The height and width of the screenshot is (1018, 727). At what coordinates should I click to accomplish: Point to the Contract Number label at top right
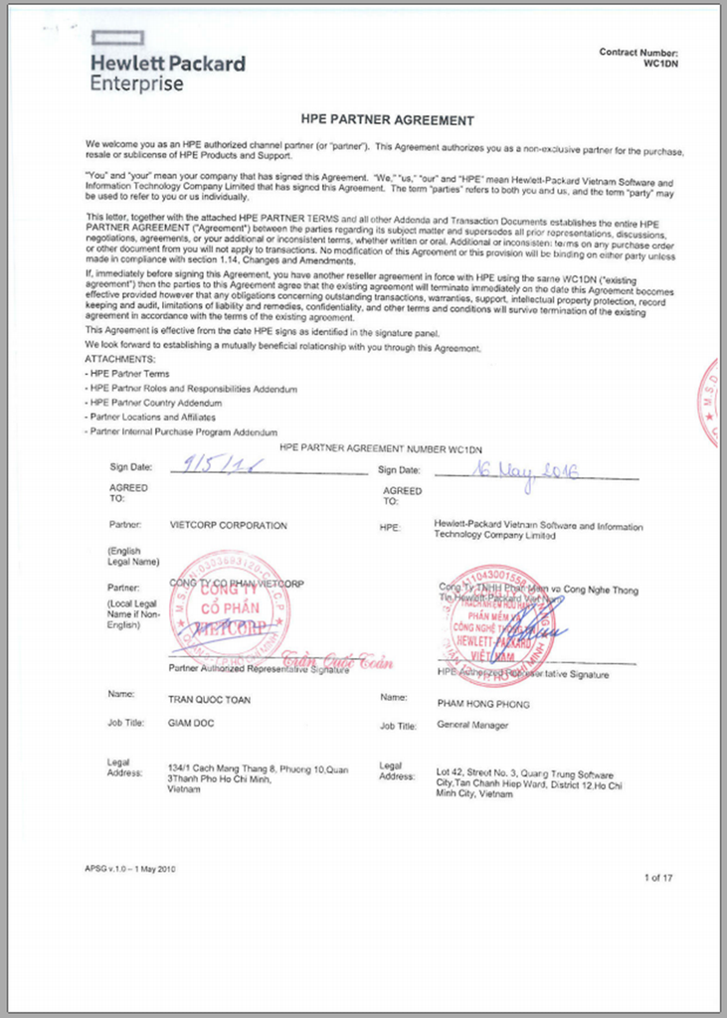coord(638,53)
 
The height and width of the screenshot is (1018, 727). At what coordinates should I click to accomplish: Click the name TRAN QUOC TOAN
coord(209,700)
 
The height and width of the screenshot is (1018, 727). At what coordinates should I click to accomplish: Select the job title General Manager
coord(472,726)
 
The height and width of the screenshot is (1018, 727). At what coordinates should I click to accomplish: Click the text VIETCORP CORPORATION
coord(228,526)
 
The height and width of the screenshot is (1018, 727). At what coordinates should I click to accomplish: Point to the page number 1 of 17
coord(658,878)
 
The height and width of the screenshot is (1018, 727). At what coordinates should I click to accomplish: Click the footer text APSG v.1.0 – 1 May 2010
coord(131,869)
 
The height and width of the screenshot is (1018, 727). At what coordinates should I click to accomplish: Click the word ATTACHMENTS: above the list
coord(119,359)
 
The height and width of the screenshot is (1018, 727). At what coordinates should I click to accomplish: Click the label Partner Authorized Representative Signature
coord(260,670)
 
